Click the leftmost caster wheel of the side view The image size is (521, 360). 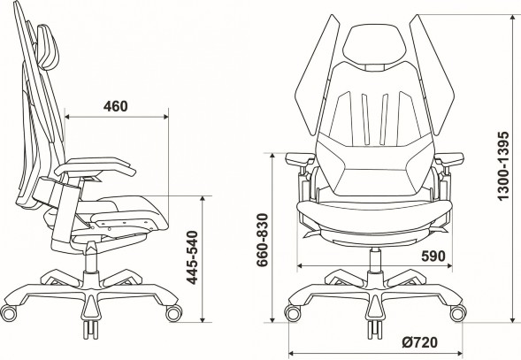tap(11, 312)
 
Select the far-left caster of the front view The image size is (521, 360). tap(292, 313)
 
